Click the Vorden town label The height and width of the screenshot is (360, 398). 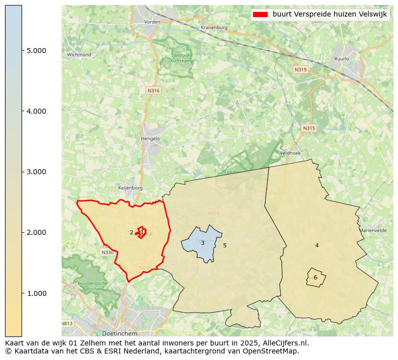coord(152,22)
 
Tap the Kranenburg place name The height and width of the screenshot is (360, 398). coord(214,28)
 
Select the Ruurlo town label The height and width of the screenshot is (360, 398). coord(341,59)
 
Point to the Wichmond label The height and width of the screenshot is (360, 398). coord(79,55)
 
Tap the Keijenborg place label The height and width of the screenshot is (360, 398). coord(130,188)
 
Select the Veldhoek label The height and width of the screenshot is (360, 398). coord(290,153)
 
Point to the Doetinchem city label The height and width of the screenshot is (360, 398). coord(118,333)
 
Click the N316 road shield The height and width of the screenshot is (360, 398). coord(153,91)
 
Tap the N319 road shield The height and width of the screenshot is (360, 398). coord(300,70)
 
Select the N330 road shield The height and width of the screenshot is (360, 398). coord(107,252)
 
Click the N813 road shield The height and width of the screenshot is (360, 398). coord(67,323)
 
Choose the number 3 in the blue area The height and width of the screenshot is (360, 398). coord(203,243)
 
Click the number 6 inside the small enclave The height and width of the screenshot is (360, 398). coord(315,277)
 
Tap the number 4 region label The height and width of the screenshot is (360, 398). coord(317,245)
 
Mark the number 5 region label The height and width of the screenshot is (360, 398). coord(225,245)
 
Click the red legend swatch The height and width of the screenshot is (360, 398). coord(261,15)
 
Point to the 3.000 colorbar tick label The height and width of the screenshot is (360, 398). coord(37,172)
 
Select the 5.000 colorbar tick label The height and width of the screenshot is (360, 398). coord(37,51)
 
